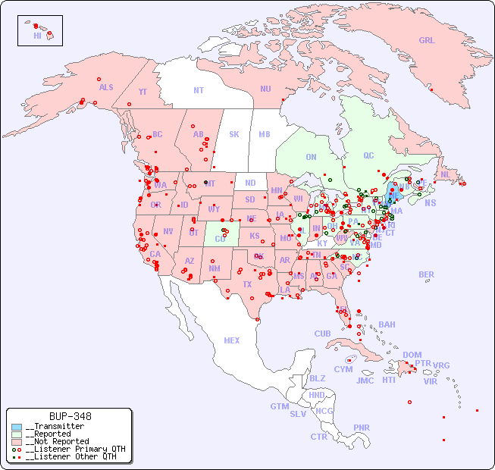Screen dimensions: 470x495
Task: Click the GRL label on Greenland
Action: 427,40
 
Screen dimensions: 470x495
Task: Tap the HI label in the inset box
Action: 37,36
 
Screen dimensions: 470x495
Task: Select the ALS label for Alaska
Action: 106,87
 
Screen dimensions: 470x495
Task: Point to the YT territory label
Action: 143,92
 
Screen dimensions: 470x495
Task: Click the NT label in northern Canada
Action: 199,89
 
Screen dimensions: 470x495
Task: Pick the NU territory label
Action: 265,89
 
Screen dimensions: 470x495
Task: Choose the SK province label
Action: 234,134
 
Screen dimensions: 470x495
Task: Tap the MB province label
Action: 265,134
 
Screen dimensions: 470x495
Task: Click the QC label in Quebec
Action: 368,155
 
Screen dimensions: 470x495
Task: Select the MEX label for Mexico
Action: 232,340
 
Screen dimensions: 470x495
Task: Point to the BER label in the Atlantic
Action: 426,274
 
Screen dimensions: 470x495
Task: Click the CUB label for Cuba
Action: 322,334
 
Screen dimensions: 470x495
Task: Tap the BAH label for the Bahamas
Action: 387,324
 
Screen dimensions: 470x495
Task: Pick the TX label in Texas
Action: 247,284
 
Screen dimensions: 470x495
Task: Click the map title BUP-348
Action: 70,416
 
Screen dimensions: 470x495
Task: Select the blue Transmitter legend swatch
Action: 17,427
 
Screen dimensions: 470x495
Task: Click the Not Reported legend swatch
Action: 17,441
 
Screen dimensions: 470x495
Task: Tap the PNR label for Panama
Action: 362,428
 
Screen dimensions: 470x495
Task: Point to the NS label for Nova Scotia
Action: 430,202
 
